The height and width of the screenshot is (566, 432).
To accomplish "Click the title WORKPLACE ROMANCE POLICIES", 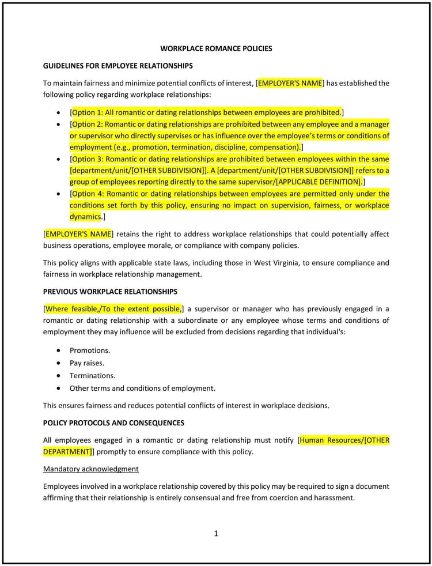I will (216, 48).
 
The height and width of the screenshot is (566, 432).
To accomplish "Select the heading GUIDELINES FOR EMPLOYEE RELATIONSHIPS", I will (118, 66).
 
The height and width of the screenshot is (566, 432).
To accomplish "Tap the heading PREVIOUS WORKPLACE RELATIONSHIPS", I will (110, 291).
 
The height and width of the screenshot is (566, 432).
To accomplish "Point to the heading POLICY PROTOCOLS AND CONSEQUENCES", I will (113, 422).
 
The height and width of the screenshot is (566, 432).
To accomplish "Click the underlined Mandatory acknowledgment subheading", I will (90, 469).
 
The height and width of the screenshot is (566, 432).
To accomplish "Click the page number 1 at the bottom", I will (216, 533).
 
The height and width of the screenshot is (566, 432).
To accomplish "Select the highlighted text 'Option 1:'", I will (88, 112).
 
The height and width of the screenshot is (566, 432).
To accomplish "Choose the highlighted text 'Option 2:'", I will (88, 124).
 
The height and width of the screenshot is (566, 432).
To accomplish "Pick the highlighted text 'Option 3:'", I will (88, 159).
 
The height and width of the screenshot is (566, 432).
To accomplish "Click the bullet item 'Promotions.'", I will (90, 350).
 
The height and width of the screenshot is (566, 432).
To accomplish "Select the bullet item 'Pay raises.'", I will (87, 363).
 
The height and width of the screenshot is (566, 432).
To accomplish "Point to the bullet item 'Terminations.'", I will (92, 375).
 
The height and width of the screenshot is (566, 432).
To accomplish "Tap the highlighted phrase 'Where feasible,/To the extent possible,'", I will (113, 308).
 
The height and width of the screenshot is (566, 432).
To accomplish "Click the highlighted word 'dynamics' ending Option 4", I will (85, 216).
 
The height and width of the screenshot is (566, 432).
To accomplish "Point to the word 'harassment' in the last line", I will (333, 497).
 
